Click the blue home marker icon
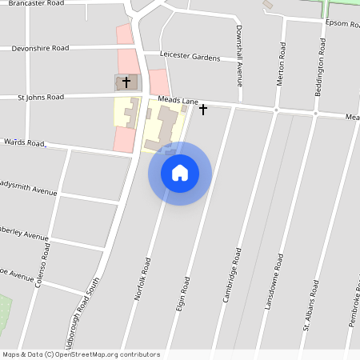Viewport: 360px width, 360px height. click(x=180, y=173)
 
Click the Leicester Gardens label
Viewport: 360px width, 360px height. click(x=190, y=57)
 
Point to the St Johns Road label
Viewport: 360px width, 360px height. click(x=41, y=97)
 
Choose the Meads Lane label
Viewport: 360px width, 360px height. click(x=178, y=101)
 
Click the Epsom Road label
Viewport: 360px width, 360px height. click(x=342, y=22)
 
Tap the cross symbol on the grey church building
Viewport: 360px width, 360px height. click(x=126, y=82)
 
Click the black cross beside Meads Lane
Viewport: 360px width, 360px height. click(x=203, y=108)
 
